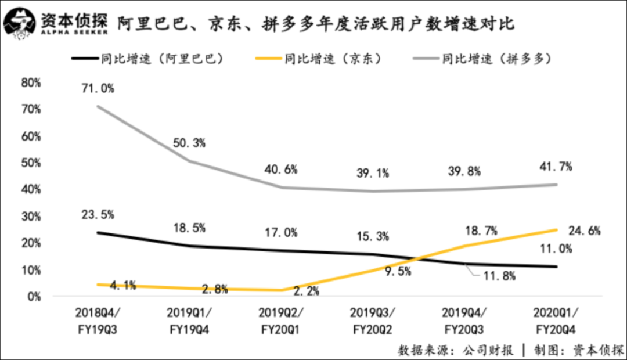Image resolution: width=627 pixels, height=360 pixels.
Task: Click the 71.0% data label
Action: click(98, 89)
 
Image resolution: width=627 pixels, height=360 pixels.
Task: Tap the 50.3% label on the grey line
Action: click(189, 143)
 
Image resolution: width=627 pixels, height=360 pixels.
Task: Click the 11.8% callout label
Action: click(499, 276)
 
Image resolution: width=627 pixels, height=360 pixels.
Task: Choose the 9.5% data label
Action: click(396, 270)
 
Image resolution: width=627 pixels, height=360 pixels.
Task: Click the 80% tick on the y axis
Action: click(31, 83)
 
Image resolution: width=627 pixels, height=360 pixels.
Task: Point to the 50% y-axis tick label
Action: click(31, 163)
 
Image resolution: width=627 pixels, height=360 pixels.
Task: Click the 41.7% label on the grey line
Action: click(556, 167)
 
